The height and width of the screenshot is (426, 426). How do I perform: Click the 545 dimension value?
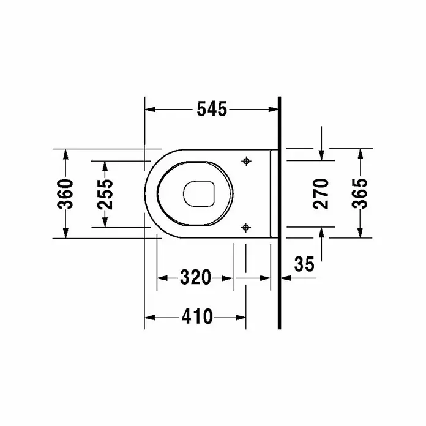pyautogui.click(x=212, y=109)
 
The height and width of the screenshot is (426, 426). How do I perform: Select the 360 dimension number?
pyautogui.click(x=65, y=193)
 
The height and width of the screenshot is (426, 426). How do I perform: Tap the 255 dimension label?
pyautogui.click(x=105, y=195)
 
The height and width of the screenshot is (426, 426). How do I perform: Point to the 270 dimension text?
pyautogui.click(x=321, y=193)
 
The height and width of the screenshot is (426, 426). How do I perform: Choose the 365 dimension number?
pyautogui.click(x=360, y=193)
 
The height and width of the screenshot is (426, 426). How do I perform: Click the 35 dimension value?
pyautogui.click(x=304, y=264)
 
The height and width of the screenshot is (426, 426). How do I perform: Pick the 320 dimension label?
pyautogui.click(x=196, y=277)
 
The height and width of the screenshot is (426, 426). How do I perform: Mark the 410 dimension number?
pyautogui.click(x=197, y=317)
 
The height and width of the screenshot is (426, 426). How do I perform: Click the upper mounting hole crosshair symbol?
pyautogui.click(x=246, y=161)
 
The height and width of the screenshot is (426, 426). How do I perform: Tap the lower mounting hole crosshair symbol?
pyautogui.click(x=246, y=227)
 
